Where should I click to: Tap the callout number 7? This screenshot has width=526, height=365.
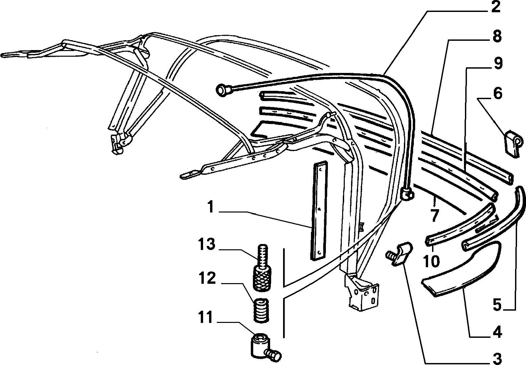(x=434, y=215)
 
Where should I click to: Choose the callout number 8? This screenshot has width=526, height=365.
(x=497, y=36)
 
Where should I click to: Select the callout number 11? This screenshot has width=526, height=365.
(x=206, y=317)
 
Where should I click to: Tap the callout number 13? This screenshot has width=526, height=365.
(x=207, y=244)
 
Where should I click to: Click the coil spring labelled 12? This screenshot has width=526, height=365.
(x=262, y=311)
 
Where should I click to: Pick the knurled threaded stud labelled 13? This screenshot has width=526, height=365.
(x=262, y=268)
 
